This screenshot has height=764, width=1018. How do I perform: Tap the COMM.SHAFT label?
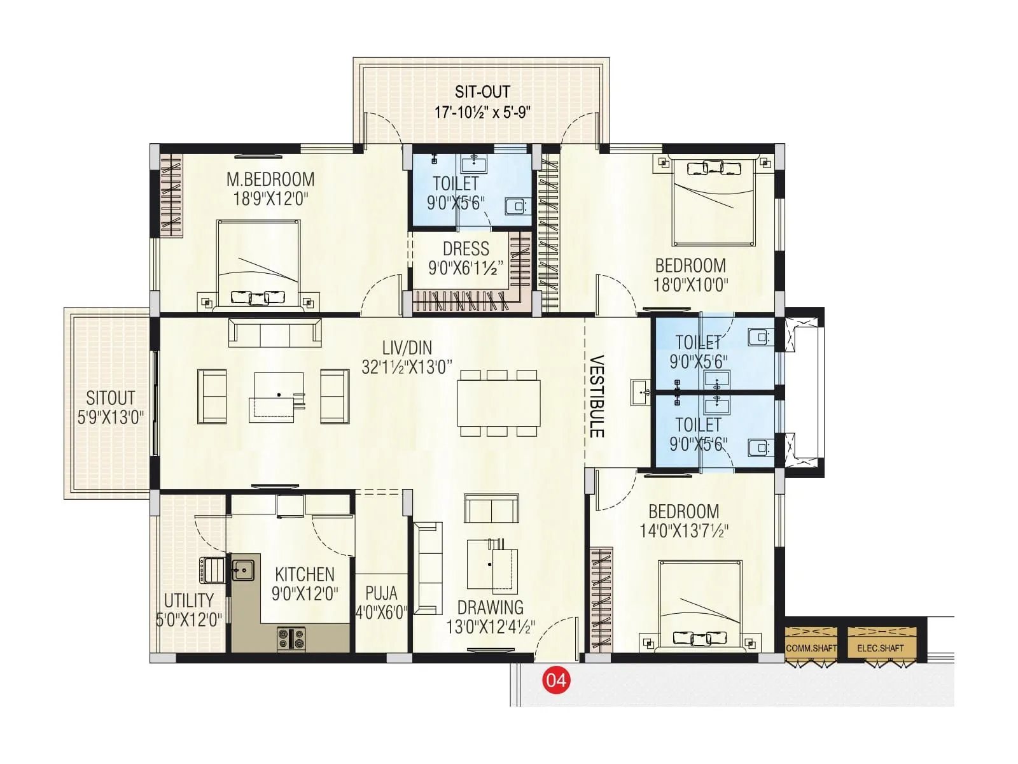coord(811,648)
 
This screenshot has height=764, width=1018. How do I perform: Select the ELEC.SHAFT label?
coord(881,648)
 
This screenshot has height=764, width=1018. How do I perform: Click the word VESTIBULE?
coord(596,396)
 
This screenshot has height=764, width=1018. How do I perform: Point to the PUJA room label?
coord(381,593)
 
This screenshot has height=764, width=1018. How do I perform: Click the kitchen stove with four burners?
coord(291,639)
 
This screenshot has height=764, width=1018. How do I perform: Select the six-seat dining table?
coord(498,403)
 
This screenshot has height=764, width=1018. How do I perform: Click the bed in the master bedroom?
coord(258,264)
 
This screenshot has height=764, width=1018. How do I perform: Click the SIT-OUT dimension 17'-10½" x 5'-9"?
coord(482,113)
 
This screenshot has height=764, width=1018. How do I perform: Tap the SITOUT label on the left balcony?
coord(111,399)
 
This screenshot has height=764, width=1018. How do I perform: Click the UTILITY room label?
coord(188,600)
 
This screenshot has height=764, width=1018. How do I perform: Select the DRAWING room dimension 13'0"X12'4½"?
coord(491,627)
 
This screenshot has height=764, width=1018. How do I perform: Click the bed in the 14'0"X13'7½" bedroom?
coord(700,605)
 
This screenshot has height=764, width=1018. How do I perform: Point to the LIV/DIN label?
coord(407,348)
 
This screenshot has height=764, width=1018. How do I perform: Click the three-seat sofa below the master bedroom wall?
coord(275,332)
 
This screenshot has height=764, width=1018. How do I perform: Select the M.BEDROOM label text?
coord(270,179)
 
